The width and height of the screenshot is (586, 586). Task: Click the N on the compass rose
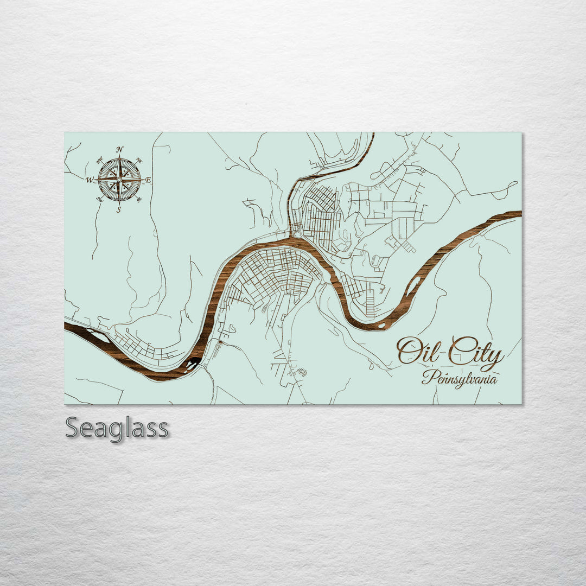click(x=120, y=149)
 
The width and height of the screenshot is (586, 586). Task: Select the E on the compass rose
click(x=149, y=180)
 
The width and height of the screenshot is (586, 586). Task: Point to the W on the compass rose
click(x=88, y=180)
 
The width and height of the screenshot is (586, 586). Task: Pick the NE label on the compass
click(x=139, y=160)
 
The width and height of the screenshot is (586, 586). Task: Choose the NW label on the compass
click(x=99, y=160)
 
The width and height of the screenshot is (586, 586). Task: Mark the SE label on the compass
click(x=139, y=200)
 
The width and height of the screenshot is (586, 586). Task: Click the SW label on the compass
click(x=99, y=200)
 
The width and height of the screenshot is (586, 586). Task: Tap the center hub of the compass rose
click(x=119, y=180)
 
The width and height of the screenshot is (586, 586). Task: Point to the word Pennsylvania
click(x=459, y=377)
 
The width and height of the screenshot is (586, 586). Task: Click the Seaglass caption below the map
click(x=117, y=428)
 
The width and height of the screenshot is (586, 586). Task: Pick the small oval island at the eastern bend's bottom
click(x=387, y=325)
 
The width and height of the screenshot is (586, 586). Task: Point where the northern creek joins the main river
click(x=292, y=237)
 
